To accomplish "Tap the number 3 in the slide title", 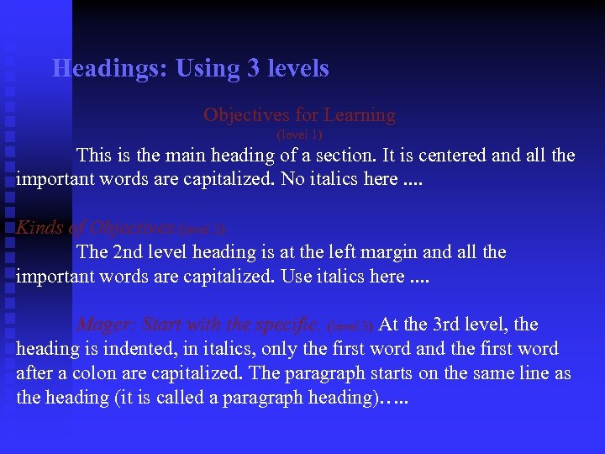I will (254, 68).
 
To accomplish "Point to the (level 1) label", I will (299, 135).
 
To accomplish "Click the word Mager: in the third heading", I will (107, 325).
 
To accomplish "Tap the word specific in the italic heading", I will (292, 325).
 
